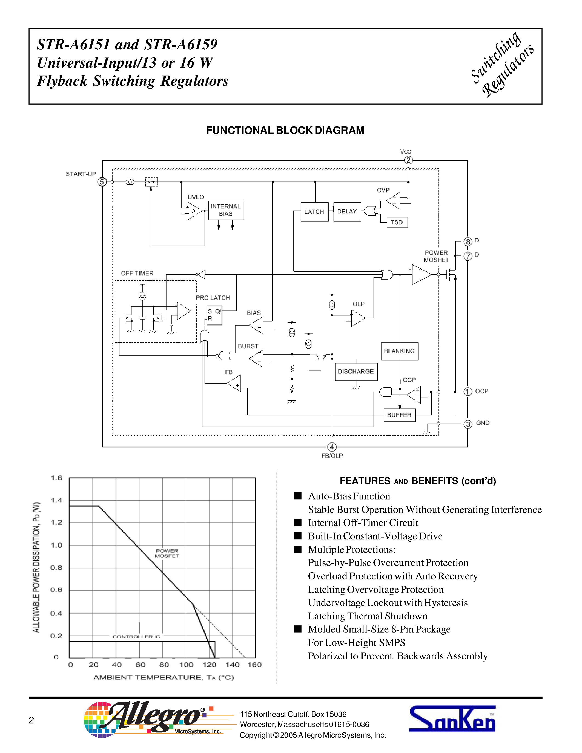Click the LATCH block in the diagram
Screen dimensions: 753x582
pos(314,212)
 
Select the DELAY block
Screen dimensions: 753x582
pos(347,212)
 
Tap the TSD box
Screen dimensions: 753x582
pos(397,222)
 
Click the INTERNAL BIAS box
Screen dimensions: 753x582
pos(226,210)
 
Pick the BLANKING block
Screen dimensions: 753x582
pos(399,351)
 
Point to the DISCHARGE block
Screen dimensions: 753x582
pos(356,372)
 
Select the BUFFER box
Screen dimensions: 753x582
pos(399,415)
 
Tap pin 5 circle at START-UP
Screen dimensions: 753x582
pos(102,182)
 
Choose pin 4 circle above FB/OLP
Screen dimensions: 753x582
pos(332,447)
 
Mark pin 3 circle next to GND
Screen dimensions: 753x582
pos(468,424)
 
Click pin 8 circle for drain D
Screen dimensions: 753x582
pos(468,242)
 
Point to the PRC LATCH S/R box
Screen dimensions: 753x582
pos(214,315)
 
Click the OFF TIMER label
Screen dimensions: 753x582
pos(137,274)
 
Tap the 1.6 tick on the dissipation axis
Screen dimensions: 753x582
pos(56,478)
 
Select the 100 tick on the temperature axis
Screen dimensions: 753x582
pos(186,665)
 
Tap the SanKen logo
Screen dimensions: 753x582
pos(452,719)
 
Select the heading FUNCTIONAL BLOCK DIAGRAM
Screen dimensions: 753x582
pos(285,130)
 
